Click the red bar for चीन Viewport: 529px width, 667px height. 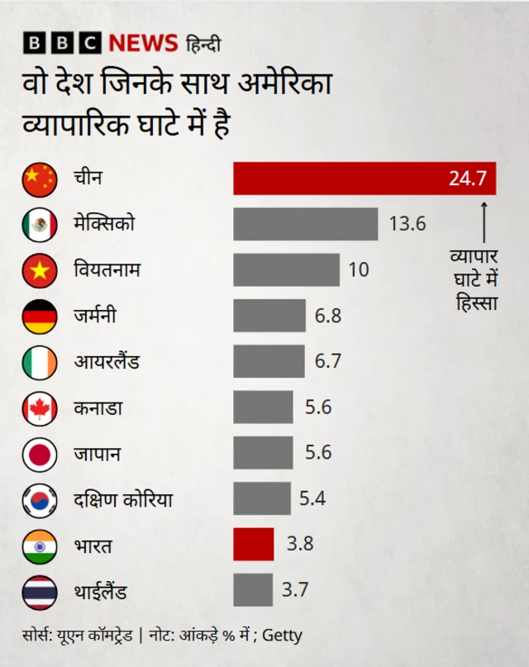[x=364, y=178]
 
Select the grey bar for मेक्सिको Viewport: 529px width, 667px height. [x=305, y=224]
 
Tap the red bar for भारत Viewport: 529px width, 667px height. [x=253, y=544]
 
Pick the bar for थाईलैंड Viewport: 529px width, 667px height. [x=252, y=590]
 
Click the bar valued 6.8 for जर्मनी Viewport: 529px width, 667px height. [x=269, y=316]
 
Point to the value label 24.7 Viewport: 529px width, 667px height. [x=467, y=179]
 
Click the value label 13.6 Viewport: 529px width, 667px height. [x=407, y=224]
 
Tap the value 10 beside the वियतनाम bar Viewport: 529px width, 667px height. [x=359, y=270]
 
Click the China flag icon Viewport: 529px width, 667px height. [x=39, y=179]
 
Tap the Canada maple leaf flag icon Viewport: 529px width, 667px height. [x=39, y=407]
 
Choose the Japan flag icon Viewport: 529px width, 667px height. [x=39, y=454]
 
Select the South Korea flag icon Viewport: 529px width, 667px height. [x=39, y=499]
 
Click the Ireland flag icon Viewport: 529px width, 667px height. [x=39, y=362]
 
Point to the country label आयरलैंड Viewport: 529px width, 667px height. [x=107, y=362]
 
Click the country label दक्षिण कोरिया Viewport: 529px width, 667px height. [x=122, y=499]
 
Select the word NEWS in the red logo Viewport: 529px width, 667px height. [x=142, y=43]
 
